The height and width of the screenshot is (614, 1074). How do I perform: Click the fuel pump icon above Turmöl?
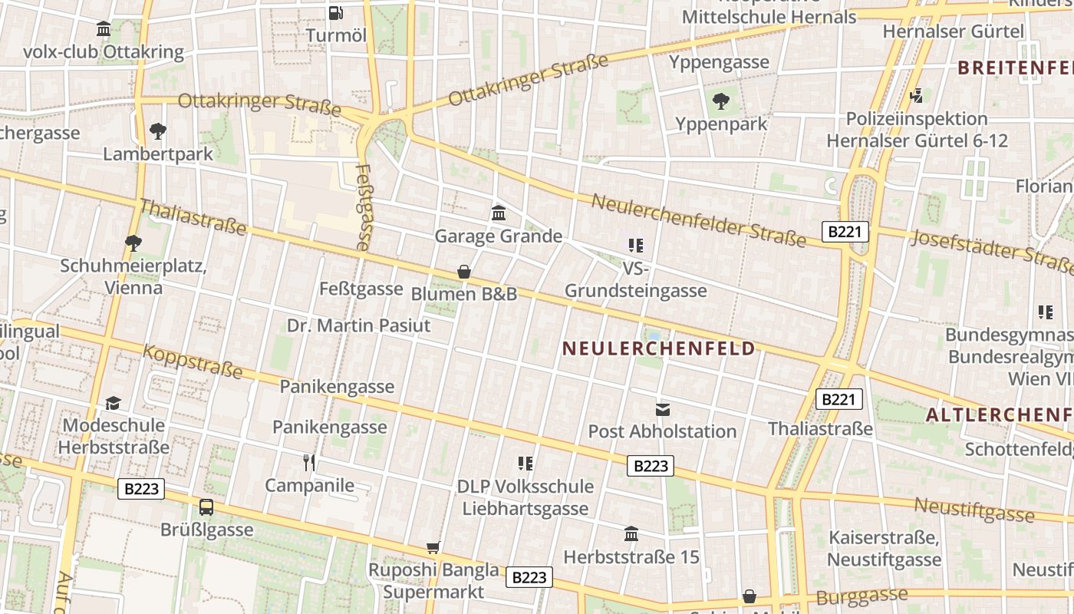coord(335,12)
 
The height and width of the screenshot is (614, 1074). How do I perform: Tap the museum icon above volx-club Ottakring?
coord(104,29)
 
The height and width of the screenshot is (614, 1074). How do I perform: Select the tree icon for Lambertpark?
coord(157,130)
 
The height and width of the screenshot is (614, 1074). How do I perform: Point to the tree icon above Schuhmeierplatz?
coord(133,243)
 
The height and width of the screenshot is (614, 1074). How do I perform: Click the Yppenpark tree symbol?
coord(720,101)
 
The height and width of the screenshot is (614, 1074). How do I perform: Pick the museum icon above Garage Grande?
coord(499,213)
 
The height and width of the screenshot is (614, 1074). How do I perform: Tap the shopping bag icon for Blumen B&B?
coord(463,272)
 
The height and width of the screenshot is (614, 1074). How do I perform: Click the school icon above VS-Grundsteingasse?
coord(635,246)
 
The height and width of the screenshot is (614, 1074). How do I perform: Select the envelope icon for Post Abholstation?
coord(662,409)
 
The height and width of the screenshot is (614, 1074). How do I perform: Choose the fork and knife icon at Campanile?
coord(309,462)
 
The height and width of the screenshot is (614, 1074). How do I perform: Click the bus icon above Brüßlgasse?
coord(206,507)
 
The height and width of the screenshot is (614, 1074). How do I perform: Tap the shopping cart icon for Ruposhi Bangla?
coord(433,547)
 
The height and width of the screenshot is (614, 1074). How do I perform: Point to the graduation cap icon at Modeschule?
coord(114,403)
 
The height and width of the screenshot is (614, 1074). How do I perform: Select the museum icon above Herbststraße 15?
coord(631,533)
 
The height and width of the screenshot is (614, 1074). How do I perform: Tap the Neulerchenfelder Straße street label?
coord(699,220)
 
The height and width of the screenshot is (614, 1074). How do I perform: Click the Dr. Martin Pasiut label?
coord(358,325)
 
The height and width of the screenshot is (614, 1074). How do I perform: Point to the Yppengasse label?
coord(719,62)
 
